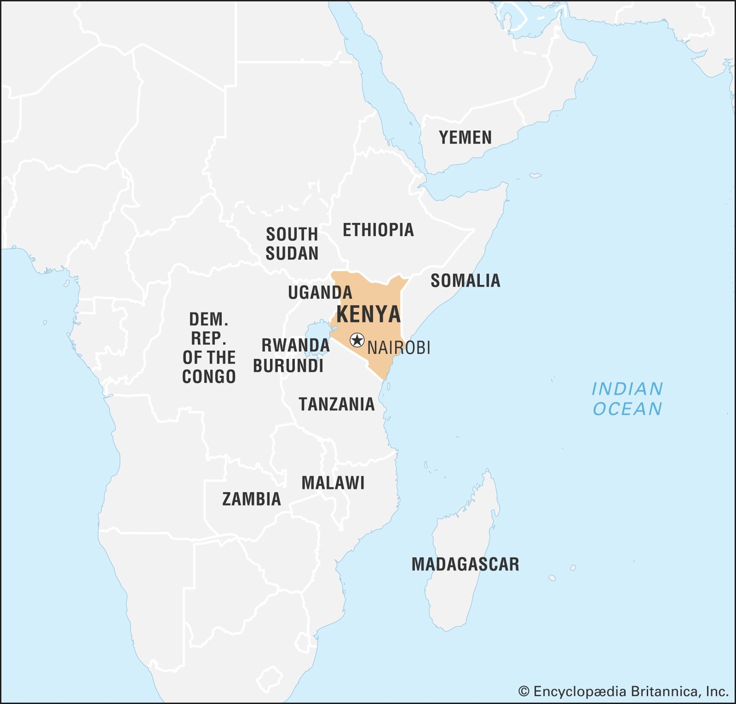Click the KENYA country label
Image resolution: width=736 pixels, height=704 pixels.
[x=368, y=314]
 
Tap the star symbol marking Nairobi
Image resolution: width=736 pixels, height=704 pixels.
[x=357, y=341]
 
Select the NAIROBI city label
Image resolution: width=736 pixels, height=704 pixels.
[x=399, y=348]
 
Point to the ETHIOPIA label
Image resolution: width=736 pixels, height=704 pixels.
[x=378, y=230]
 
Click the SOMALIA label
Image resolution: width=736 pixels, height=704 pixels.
[x=465, y=280]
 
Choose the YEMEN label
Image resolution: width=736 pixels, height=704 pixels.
[x=465, y=137]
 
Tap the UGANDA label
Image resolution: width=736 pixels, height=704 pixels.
[x=320, y=292]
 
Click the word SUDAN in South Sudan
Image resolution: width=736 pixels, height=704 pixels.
[x=292, y=253]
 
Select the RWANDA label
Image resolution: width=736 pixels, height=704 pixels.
[x=295, y=345]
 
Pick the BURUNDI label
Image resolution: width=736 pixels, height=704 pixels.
[x=288, y=366]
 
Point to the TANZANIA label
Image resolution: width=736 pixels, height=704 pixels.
[x=337, y=404]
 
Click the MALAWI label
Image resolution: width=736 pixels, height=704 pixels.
[x=333, y=483]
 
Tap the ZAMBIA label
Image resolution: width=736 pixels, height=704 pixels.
[x=251, y=499]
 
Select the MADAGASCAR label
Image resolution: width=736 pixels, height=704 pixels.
[x=465, y=564]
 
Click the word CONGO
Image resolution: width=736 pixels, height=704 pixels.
[x=209, y=377]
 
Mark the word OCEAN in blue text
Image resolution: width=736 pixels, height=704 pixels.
[x=627, y=409]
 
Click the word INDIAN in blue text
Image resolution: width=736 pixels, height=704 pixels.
[x=627, y=389]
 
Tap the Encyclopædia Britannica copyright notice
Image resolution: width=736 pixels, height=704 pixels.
[x=623, y=691]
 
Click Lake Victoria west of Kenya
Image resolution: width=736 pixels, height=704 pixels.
[x=317, y=333]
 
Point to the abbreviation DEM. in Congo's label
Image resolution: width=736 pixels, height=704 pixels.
[x=209, y=319]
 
